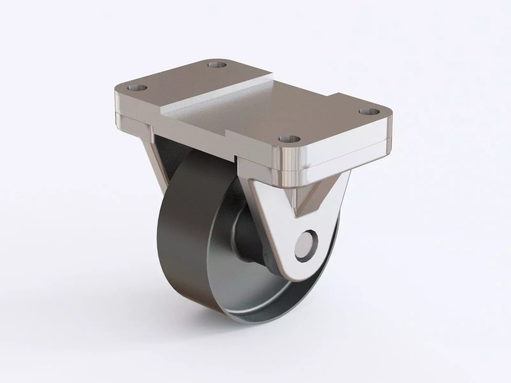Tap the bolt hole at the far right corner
(x=369, y=112)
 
